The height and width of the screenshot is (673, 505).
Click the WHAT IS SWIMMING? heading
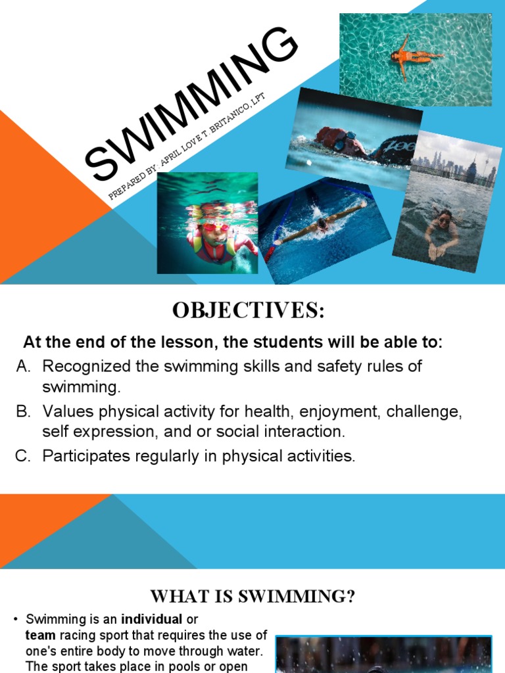(252, 596)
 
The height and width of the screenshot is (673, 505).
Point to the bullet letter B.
(24, 412)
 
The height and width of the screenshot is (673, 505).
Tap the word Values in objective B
(64, 412)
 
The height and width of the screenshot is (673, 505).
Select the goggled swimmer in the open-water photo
(342, 141)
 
